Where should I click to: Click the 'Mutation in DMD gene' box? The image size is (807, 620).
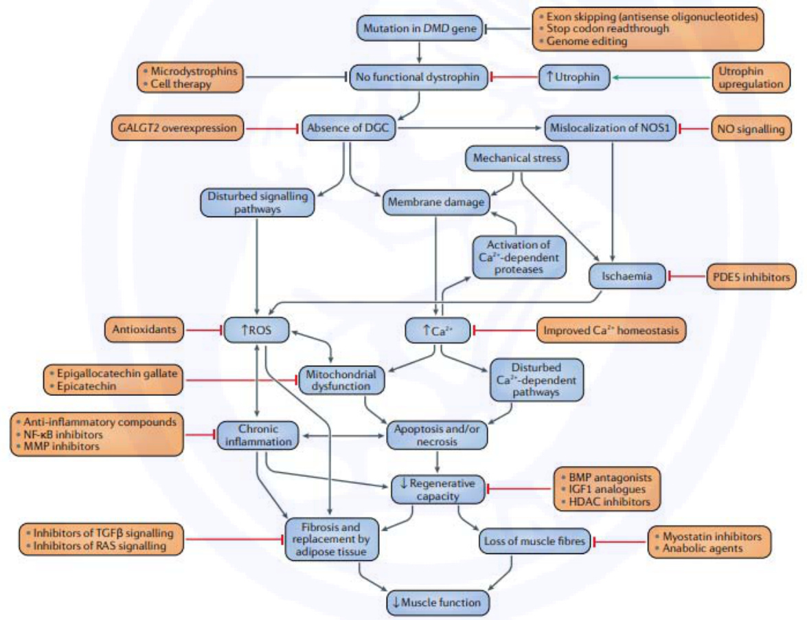(420, 28)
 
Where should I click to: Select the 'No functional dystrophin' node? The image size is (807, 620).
(418, 77)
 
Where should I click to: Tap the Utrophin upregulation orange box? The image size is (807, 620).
(751, 78)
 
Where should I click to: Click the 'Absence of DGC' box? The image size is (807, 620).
(348, 128)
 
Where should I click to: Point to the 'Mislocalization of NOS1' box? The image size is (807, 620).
(610, 128)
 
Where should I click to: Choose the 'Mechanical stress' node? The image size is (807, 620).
(516, 158)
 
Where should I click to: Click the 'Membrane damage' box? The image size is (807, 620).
(436, 202)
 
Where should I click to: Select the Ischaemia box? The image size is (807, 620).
(627, 276)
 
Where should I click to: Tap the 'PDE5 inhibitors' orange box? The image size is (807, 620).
(751, 277)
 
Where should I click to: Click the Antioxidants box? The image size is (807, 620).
(144, 329)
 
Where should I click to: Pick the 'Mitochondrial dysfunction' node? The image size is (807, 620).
(341, 381)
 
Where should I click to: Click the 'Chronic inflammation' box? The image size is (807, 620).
(258, 435)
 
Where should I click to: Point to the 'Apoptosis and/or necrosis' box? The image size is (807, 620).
(437, 435)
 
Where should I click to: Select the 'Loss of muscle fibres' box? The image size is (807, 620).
(535, 541)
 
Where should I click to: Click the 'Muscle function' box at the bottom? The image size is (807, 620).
(437, 603)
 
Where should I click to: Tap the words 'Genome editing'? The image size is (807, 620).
(587, 41)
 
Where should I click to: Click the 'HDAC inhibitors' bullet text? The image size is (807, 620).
(609, 502)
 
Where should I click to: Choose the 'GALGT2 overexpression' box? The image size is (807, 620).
(177, 128)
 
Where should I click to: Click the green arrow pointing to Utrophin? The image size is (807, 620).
(662, 78)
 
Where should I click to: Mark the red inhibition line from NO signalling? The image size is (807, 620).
(694, 129)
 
